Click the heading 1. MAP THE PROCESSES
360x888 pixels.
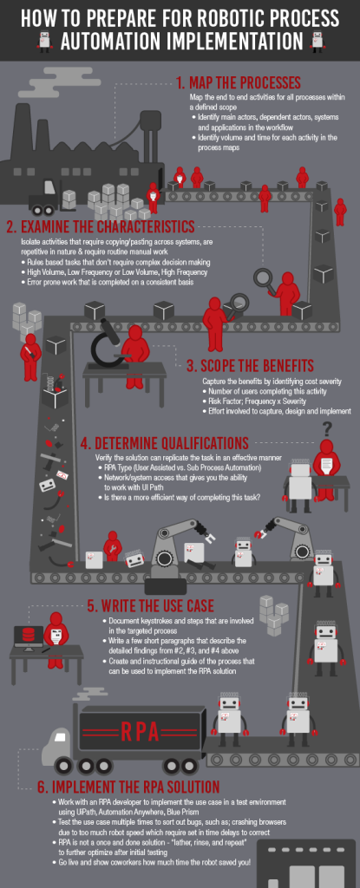pos(238,83)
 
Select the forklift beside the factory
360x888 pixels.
pos(45,201)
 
